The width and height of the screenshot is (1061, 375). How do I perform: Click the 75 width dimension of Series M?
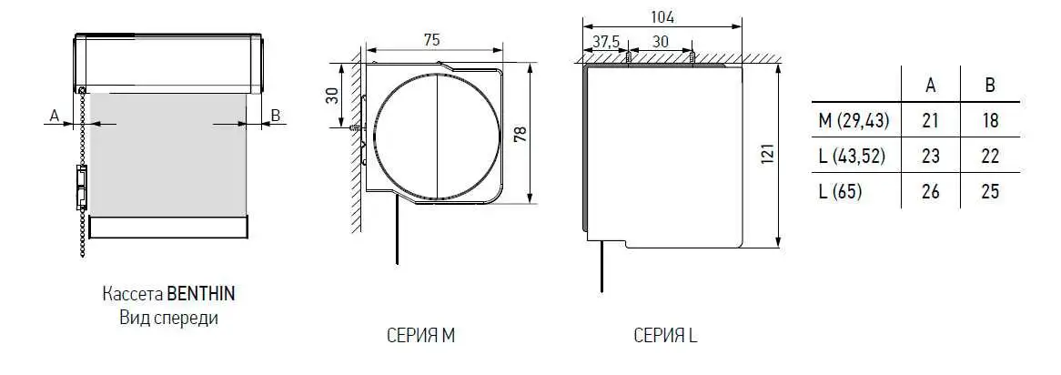pos(431,40)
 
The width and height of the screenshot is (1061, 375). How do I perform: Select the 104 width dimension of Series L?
pos(662,17)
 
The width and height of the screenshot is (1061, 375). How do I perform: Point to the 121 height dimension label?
pos(767,155)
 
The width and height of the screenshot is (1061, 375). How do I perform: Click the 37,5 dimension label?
pos(606,41)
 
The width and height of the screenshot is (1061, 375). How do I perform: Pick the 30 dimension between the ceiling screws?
pos(661,41)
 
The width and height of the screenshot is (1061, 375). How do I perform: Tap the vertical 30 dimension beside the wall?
pos(332,95)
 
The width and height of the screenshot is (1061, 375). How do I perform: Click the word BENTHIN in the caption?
pos(201,295)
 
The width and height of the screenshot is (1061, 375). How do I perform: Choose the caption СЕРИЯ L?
pos(666,336)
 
